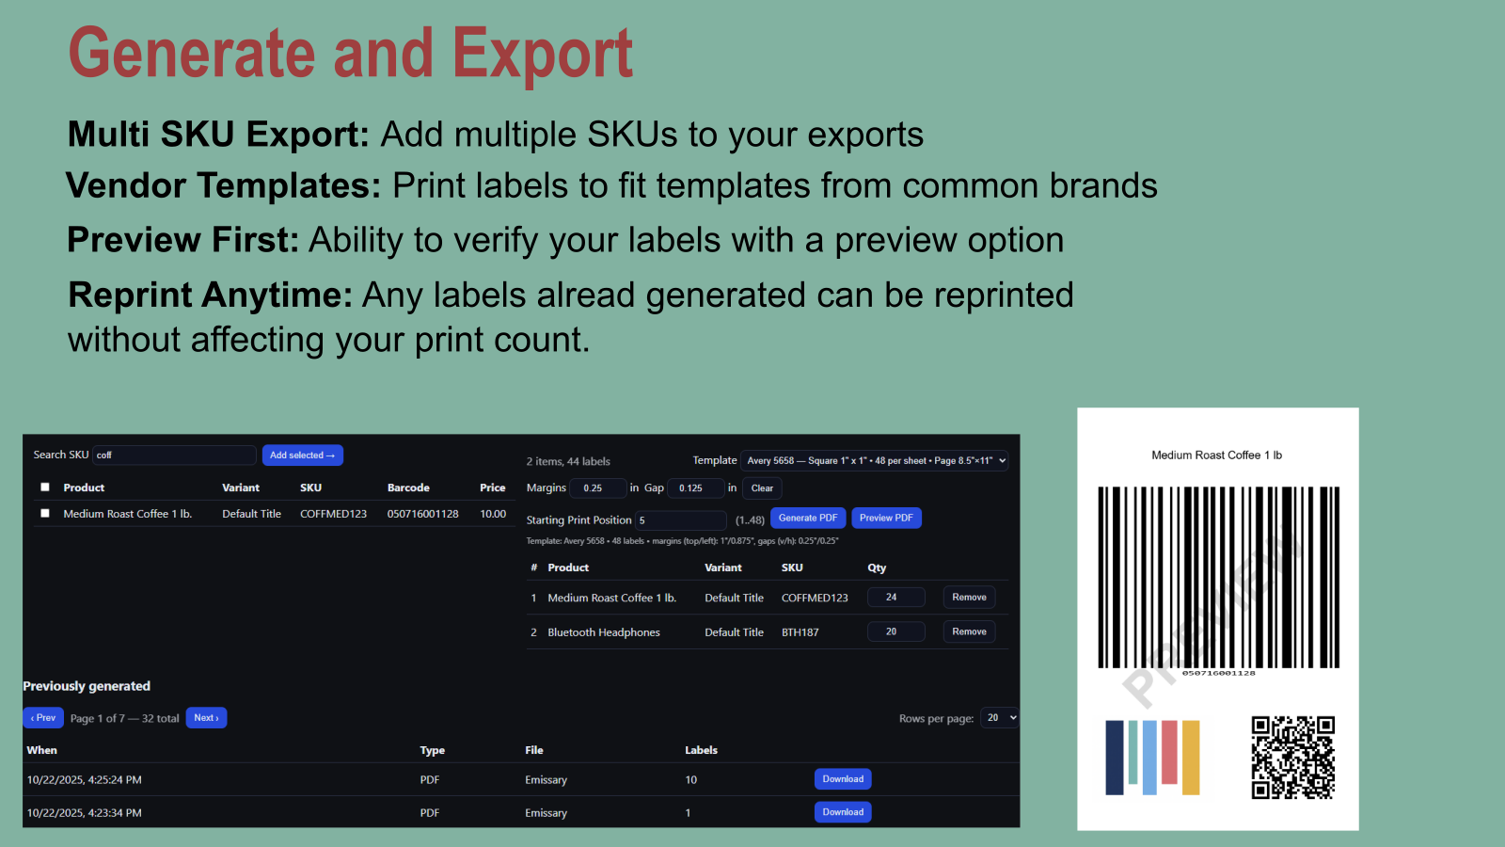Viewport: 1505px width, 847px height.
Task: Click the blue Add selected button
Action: [x=302, y=455]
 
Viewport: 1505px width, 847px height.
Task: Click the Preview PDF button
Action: [x=885, y=519]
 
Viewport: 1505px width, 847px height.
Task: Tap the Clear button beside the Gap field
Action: [x=762, y=488]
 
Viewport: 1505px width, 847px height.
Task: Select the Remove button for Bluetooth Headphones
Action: [x=969, y=631]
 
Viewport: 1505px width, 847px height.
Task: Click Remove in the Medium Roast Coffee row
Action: [x=969, y=598]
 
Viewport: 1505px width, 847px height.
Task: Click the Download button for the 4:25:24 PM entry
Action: [x=843, y=779]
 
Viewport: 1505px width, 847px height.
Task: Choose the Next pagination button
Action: [x=206, y=718]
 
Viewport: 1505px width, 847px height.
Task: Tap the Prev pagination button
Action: [x=43, y=718]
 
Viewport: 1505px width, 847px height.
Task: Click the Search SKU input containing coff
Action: [x=175, y=455]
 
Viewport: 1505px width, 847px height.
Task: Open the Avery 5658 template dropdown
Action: [x=875, y=461]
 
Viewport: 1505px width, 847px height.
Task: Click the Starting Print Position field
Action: [x=681, y=520]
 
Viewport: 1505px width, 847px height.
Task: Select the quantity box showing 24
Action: [x=895, y=598]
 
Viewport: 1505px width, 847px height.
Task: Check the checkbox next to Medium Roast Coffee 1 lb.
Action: [x=45, y=513]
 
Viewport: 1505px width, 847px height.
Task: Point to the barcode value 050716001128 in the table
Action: [x=423, y=514]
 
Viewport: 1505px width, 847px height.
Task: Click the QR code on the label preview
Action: [x=1292, y=757]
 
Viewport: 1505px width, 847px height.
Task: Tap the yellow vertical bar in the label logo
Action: [x=1191, y=758]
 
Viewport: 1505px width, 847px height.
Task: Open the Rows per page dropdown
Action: [x=1000, y=718]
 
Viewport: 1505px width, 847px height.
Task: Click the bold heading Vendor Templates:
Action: [x=224, y=186]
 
